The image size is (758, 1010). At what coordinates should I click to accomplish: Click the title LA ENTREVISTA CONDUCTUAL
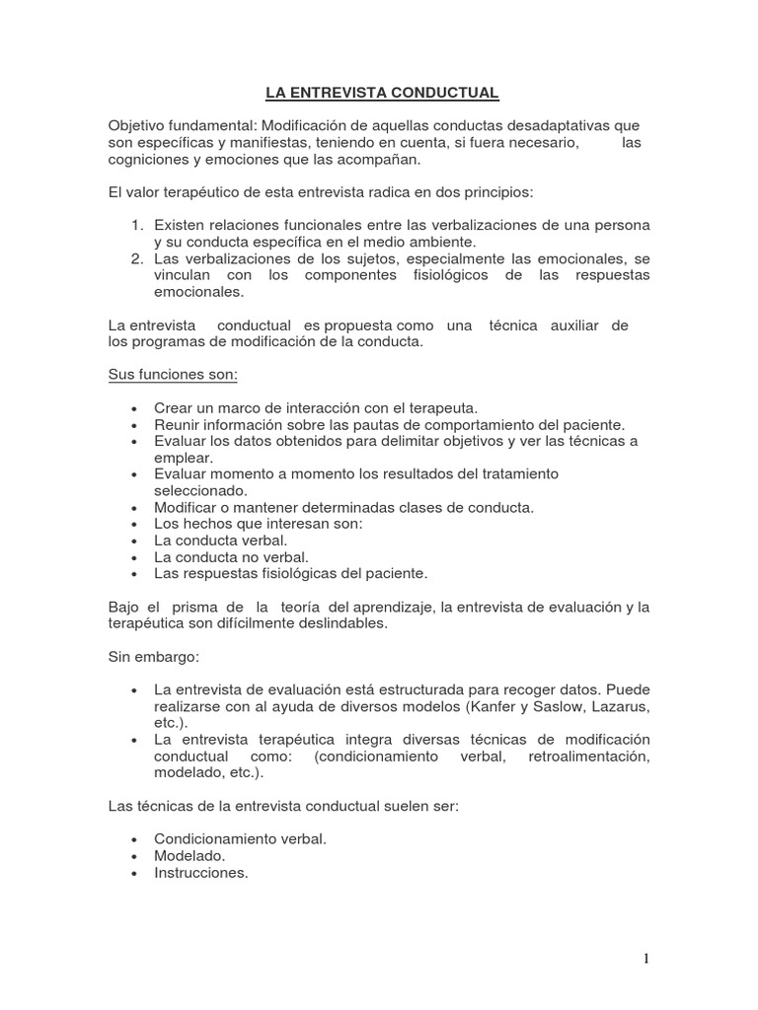(382, 94)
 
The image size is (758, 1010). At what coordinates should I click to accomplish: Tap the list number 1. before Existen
(138, 226)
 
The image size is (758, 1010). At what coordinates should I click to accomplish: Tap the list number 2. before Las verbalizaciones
(138, 258)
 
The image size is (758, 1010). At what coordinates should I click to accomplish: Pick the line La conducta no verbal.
(224, 556)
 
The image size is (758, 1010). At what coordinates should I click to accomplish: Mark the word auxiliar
(578, 325)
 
